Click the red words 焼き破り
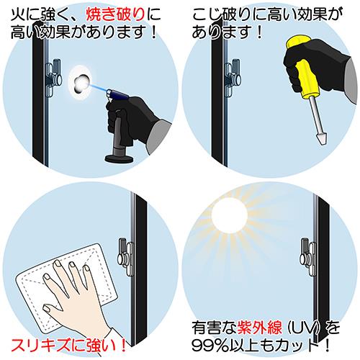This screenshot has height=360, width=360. tap(115, 15)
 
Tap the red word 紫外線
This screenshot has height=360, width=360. tap(259, 328)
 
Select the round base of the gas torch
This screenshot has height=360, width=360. tap(120, 158)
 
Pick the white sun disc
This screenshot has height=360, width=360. tap(229, 215)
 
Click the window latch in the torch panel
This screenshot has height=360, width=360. tap(53, 78)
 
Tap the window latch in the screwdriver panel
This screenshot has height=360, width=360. tap(232, 78)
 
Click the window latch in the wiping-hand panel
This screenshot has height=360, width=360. tap(125, 258)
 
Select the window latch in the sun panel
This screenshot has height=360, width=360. tap(308, 258)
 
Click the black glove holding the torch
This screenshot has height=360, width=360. tap(130, 120)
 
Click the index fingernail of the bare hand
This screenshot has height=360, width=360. tap(58, 264)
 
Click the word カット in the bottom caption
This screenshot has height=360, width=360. tap(300, 346)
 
